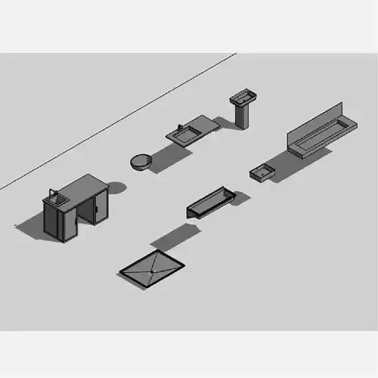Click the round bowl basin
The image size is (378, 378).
pyautogui.click(x=141, y=161)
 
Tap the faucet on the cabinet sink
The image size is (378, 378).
pyautogui.click(x=51, y=194)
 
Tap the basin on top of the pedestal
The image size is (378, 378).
pyautogui.click(x=243, y=97)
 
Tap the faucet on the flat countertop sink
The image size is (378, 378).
pyautogui.click(x=179, y=127)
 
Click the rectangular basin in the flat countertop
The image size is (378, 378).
pyautogui.click(x=184, y=135)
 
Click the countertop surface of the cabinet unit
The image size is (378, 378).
pyautogui.click(x=83, y=186)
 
